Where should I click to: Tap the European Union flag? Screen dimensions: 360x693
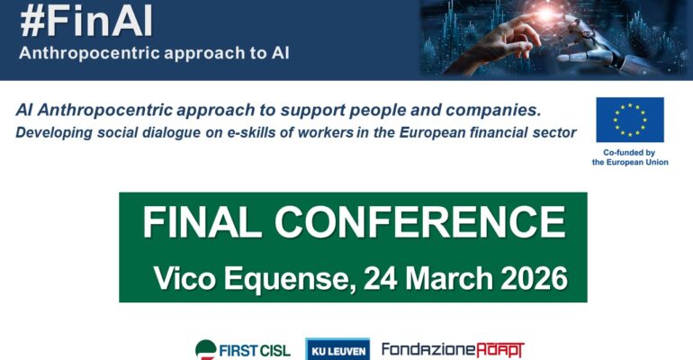629,120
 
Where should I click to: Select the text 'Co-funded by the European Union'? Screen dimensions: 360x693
629,157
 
